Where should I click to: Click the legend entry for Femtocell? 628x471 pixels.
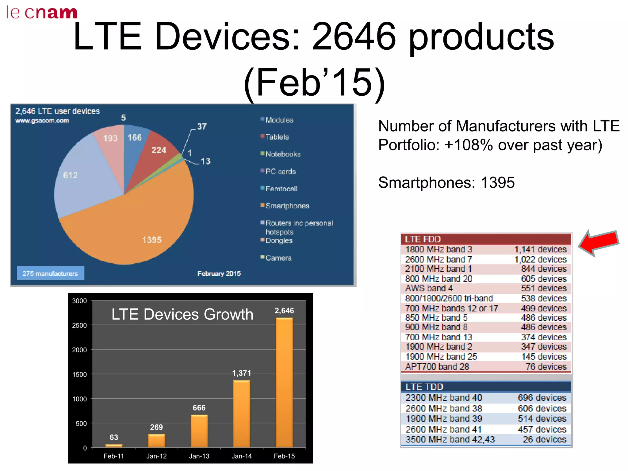[281, 189]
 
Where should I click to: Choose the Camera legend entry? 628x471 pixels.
[278, 258]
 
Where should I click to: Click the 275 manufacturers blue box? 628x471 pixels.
[50, 273]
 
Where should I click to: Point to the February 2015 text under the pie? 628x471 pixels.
[219, 273]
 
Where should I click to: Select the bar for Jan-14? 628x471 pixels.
[242, 414]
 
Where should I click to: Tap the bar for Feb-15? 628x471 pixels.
[284, 383]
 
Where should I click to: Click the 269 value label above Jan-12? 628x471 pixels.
[156, 427]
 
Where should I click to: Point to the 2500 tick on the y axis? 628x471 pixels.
[79, 325]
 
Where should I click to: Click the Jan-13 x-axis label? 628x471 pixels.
[199, 456]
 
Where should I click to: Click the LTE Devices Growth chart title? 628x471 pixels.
[182, 314]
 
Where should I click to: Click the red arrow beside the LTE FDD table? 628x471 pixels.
[599, 242]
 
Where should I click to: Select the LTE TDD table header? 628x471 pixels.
[486, 387]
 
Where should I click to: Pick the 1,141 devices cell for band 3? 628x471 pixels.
[540, 249]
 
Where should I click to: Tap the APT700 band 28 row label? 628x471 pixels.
[437, 366]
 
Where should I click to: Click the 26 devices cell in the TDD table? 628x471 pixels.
[544, 439]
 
